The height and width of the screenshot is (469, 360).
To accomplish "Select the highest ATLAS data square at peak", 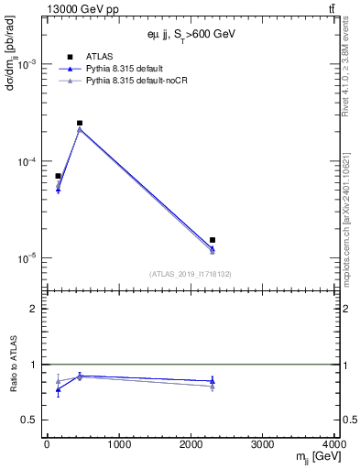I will (80, 123).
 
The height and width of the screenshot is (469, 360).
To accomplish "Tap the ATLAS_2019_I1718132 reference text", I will (190, 274).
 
